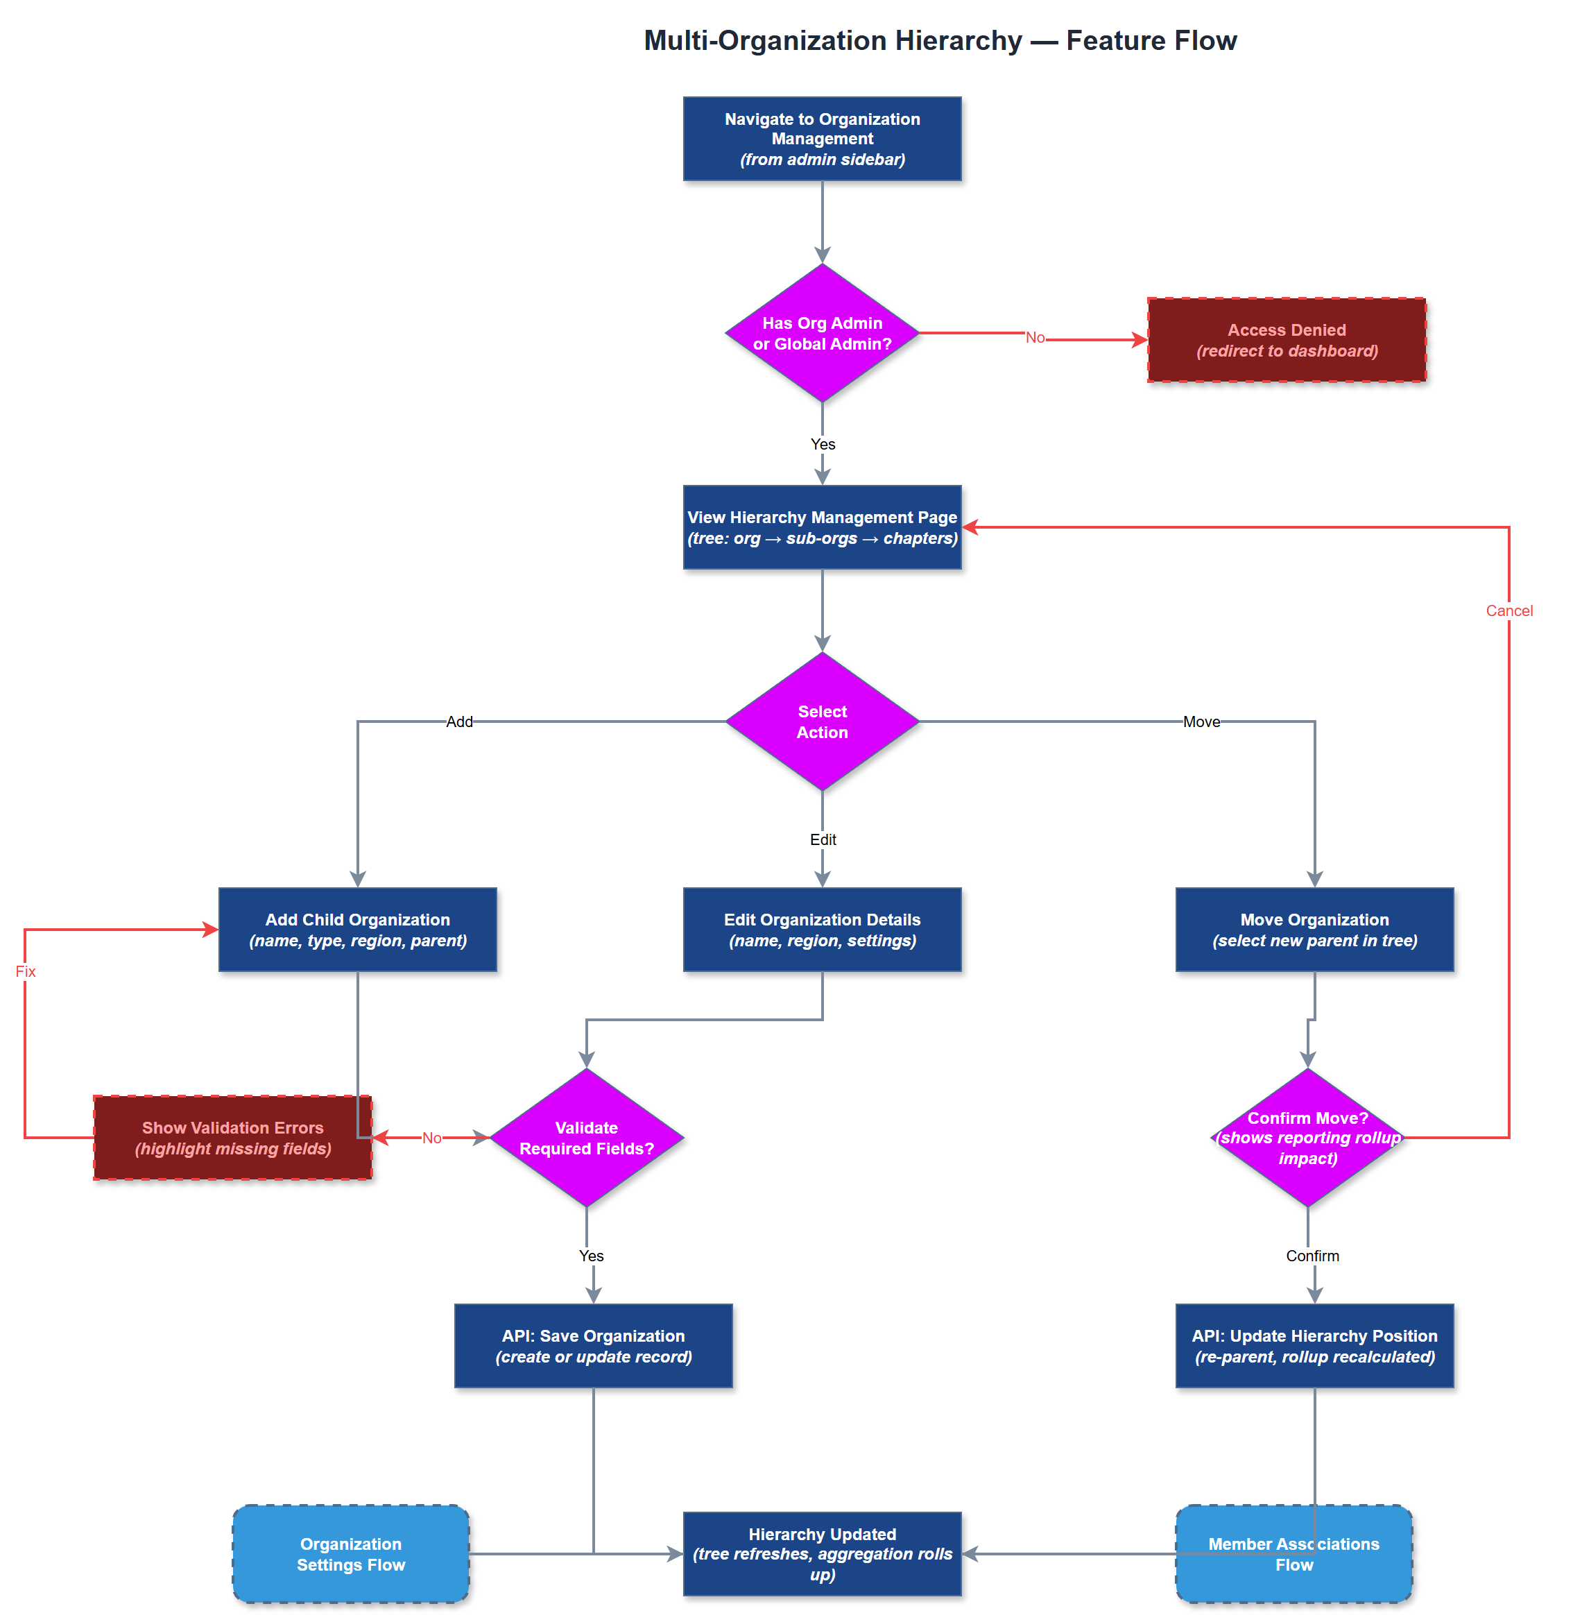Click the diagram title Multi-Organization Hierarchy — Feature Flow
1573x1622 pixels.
tap(939, 40)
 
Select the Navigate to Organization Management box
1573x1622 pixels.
tap(822, 139)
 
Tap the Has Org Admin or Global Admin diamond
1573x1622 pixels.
tap(822, 334)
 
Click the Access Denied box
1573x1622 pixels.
tap(1286, 340)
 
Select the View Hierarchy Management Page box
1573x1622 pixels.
tap(822, 527)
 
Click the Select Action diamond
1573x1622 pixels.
tap(822, 722)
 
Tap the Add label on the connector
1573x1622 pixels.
tap(459, 722)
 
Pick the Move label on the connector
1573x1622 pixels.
tap(1201, 722)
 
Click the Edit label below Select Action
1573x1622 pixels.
tap(823, 839)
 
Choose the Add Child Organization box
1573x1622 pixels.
tap(357, 930)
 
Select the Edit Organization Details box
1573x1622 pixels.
tap(822, 930)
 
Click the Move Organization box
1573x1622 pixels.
tap(1314, 930)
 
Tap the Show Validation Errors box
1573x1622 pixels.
tap(232, 1138)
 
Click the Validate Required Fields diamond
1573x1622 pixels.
tap(586, 1138)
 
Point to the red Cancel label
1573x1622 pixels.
tap(1508, 611)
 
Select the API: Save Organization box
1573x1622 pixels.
tap(593, 1346)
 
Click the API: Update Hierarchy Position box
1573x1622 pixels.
tap(1314, 1346)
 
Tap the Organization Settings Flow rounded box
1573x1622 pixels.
tap(351, 1553)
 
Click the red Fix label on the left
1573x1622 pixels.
tap(26, 971)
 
